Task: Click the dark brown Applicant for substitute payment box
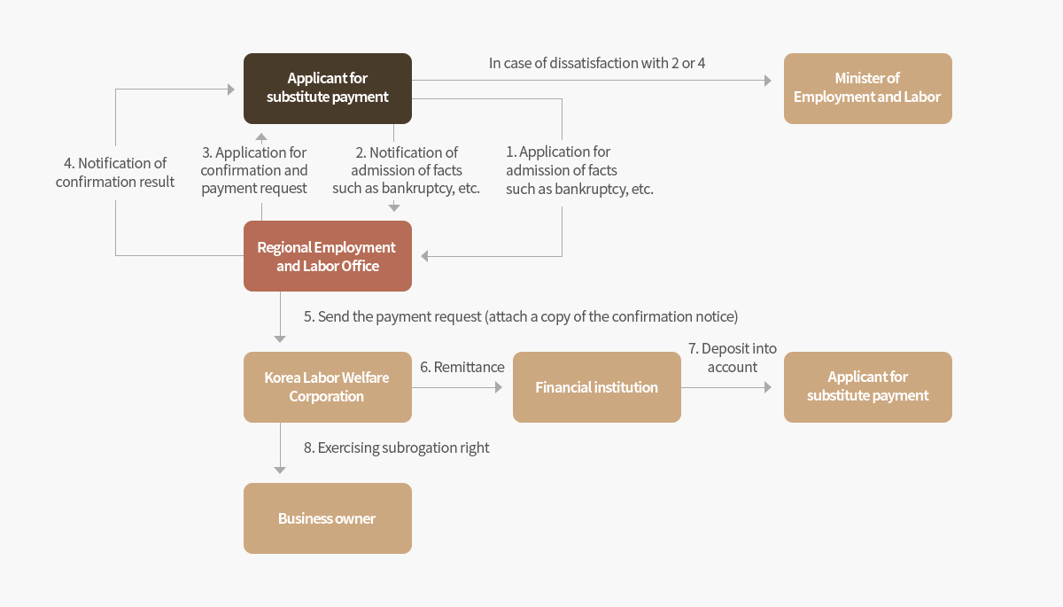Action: pos(328,89)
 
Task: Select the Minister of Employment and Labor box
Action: pos(867,89)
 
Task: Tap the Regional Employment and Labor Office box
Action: pos(328,256)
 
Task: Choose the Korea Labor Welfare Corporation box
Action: pos(328,386)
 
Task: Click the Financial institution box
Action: pos(596,386)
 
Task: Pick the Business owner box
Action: pos(328,518)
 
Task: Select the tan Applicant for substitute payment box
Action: pos(867,386)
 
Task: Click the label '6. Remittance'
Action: pos(462,367)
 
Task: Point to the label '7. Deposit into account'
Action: pos(733,357)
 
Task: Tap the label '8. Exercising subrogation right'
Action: pos(396,447)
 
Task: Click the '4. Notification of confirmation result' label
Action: pos(115,172)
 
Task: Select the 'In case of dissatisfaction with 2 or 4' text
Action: pos(597,63)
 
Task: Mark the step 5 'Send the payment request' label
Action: pos(521,316)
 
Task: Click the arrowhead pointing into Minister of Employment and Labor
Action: pos(768,81)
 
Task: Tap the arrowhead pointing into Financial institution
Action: pos(499,387)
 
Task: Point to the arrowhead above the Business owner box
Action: pos(280,470)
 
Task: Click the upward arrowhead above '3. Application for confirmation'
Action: pos(261,137)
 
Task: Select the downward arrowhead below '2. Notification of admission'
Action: pos(394,207)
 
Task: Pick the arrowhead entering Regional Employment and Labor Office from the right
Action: pos(424,256)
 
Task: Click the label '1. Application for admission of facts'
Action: pos(579,170)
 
